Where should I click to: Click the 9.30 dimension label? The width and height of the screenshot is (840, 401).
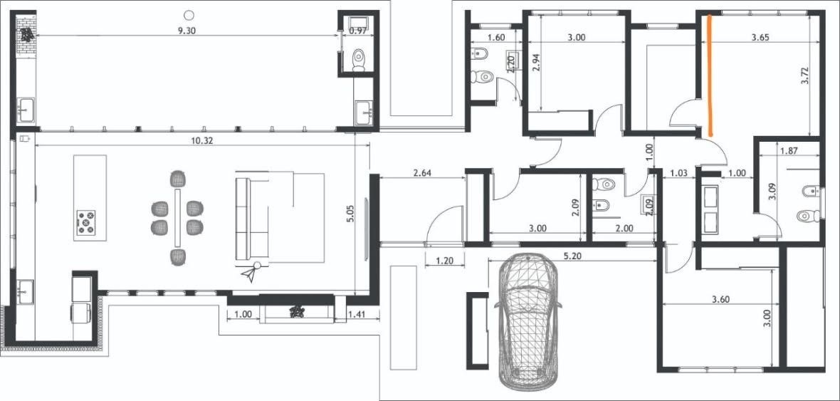point(187,31)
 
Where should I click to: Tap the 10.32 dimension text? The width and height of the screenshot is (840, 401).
point(200,140)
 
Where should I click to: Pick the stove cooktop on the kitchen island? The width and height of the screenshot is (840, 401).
point(85,222)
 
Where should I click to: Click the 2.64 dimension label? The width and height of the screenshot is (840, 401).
point(423,173)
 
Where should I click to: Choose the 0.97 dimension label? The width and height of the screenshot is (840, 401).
point(357,31)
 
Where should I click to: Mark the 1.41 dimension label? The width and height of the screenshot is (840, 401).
point(357,315)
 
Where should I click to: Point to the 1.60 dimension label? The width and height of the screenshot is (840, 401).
point(497,38)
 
